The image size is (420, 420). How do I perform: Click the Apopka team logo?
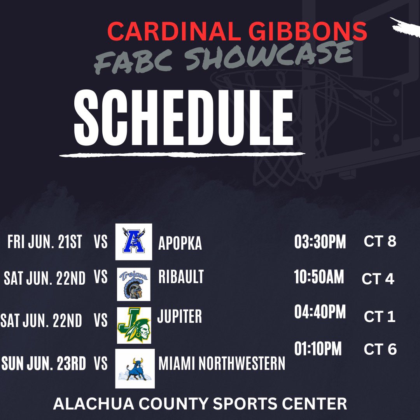click(133, 242)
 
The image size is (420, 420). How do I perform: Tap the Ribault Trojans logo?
click(134, 284)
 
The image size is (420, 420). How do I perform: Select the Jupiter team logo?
click(134, 325)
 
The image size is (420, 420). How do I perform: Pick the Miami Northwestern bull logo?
click(135, 368)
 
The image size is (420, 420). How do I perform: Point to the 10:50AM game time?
click(319, 278)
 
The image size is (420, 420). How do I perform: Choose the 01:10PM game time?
click(318, 349)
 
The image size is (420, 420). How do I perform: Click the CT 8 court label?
click(380, 241)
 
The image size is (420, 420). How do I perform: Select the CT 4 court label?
click(378, 279)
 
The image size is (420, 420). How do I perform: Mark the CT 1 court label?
click(380, 317)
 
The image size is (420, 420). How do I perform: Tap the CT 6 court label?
click(380, 349)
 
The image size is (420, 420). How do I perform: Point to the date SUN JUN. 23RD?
click(44, 364)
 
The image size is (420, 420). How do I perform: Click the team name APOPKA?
click(180, 243)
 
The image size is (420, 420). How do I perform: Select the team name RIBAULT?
click(181, 277)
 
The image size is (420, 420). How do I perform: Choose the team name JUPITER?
click(180, 317)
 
